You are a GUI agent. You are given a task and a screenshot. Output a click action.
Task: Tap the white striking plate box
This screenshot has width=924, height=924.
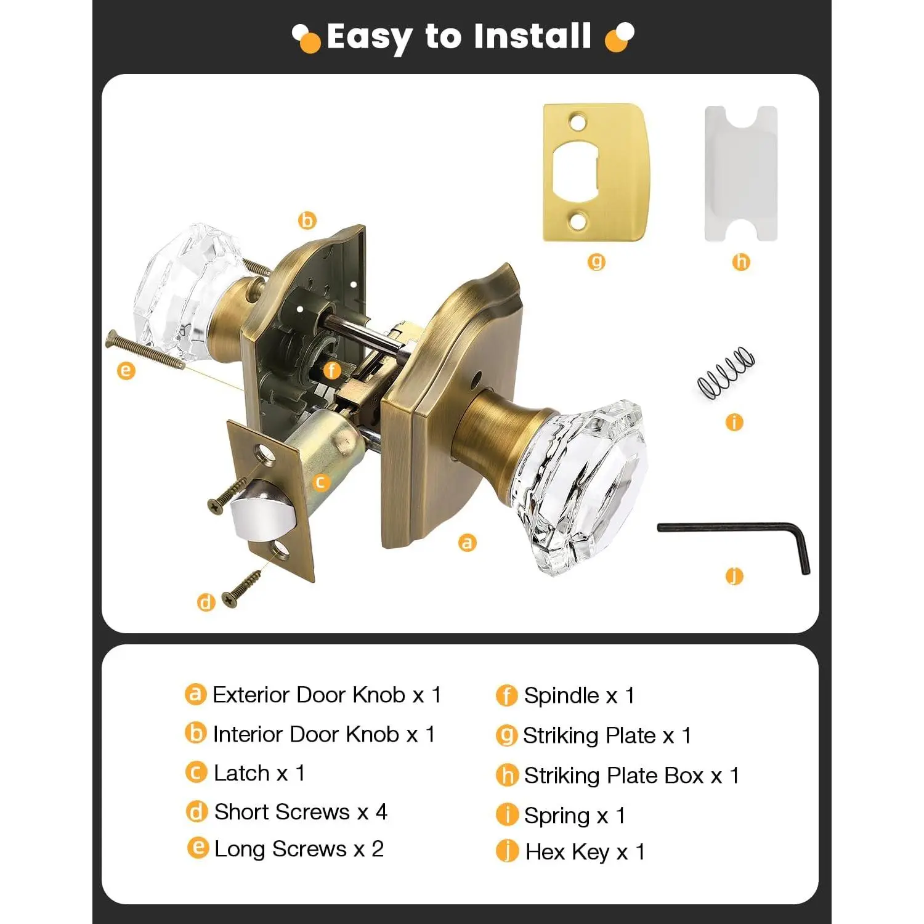click(x=741, y=174)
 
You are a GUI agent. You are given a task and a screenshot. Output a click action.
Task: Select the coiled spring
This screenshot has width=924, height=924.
click(x=726, y=372)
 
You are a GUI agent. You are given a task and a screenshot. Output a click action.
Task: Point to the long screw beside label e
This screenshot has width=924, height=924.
click(x=147, y=351)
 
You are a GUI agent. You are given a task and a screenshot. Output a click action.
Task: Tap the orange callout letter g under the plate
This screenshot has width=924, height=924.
click(x=596, y=262)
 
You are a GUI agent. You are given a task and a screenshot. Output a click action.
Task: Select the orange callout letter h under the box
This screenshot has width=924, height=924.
click(x=741, y=262)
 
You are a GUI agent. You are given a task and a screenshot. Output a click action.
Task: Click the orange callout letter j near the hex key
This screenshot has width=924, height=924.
click(x=734, y=576)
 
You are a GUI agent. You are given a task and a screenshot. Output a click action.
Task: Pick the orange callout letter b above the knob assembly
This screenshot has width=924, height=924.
click(x=307, y=220)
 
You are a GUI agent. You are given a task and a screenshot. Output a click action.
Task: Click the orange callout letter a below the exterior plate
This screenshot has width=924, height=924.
click(x=468, y=543)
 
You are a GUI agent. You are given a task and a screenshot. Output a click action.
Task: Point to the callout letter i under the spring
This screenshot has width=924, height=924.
click(x=734, y=422)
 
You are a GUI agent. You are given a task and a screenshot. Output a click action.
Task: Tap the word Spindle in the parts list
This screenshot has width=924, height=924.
click(x=561, y=696)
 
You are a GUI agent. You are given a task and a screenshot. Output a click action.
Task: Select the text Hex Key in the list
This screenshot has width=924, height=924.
click(x=567, y=852)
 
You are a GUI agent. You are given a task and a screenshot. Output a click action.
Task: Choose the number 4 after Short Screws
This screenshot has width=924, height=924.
click(x=381, y=812)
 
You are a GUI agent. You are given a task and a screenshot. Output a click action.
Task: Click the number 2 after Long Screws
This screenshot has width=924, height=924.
click(x=378, y=849)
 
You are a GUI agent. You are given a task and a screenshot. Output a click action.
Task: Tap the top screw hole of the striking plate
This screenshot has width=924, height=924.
click(x=577, y=122)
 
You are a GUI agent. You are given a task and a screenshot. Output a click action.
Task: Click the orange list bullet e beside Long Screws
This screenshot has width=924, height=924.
click(x=197, y=848)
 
